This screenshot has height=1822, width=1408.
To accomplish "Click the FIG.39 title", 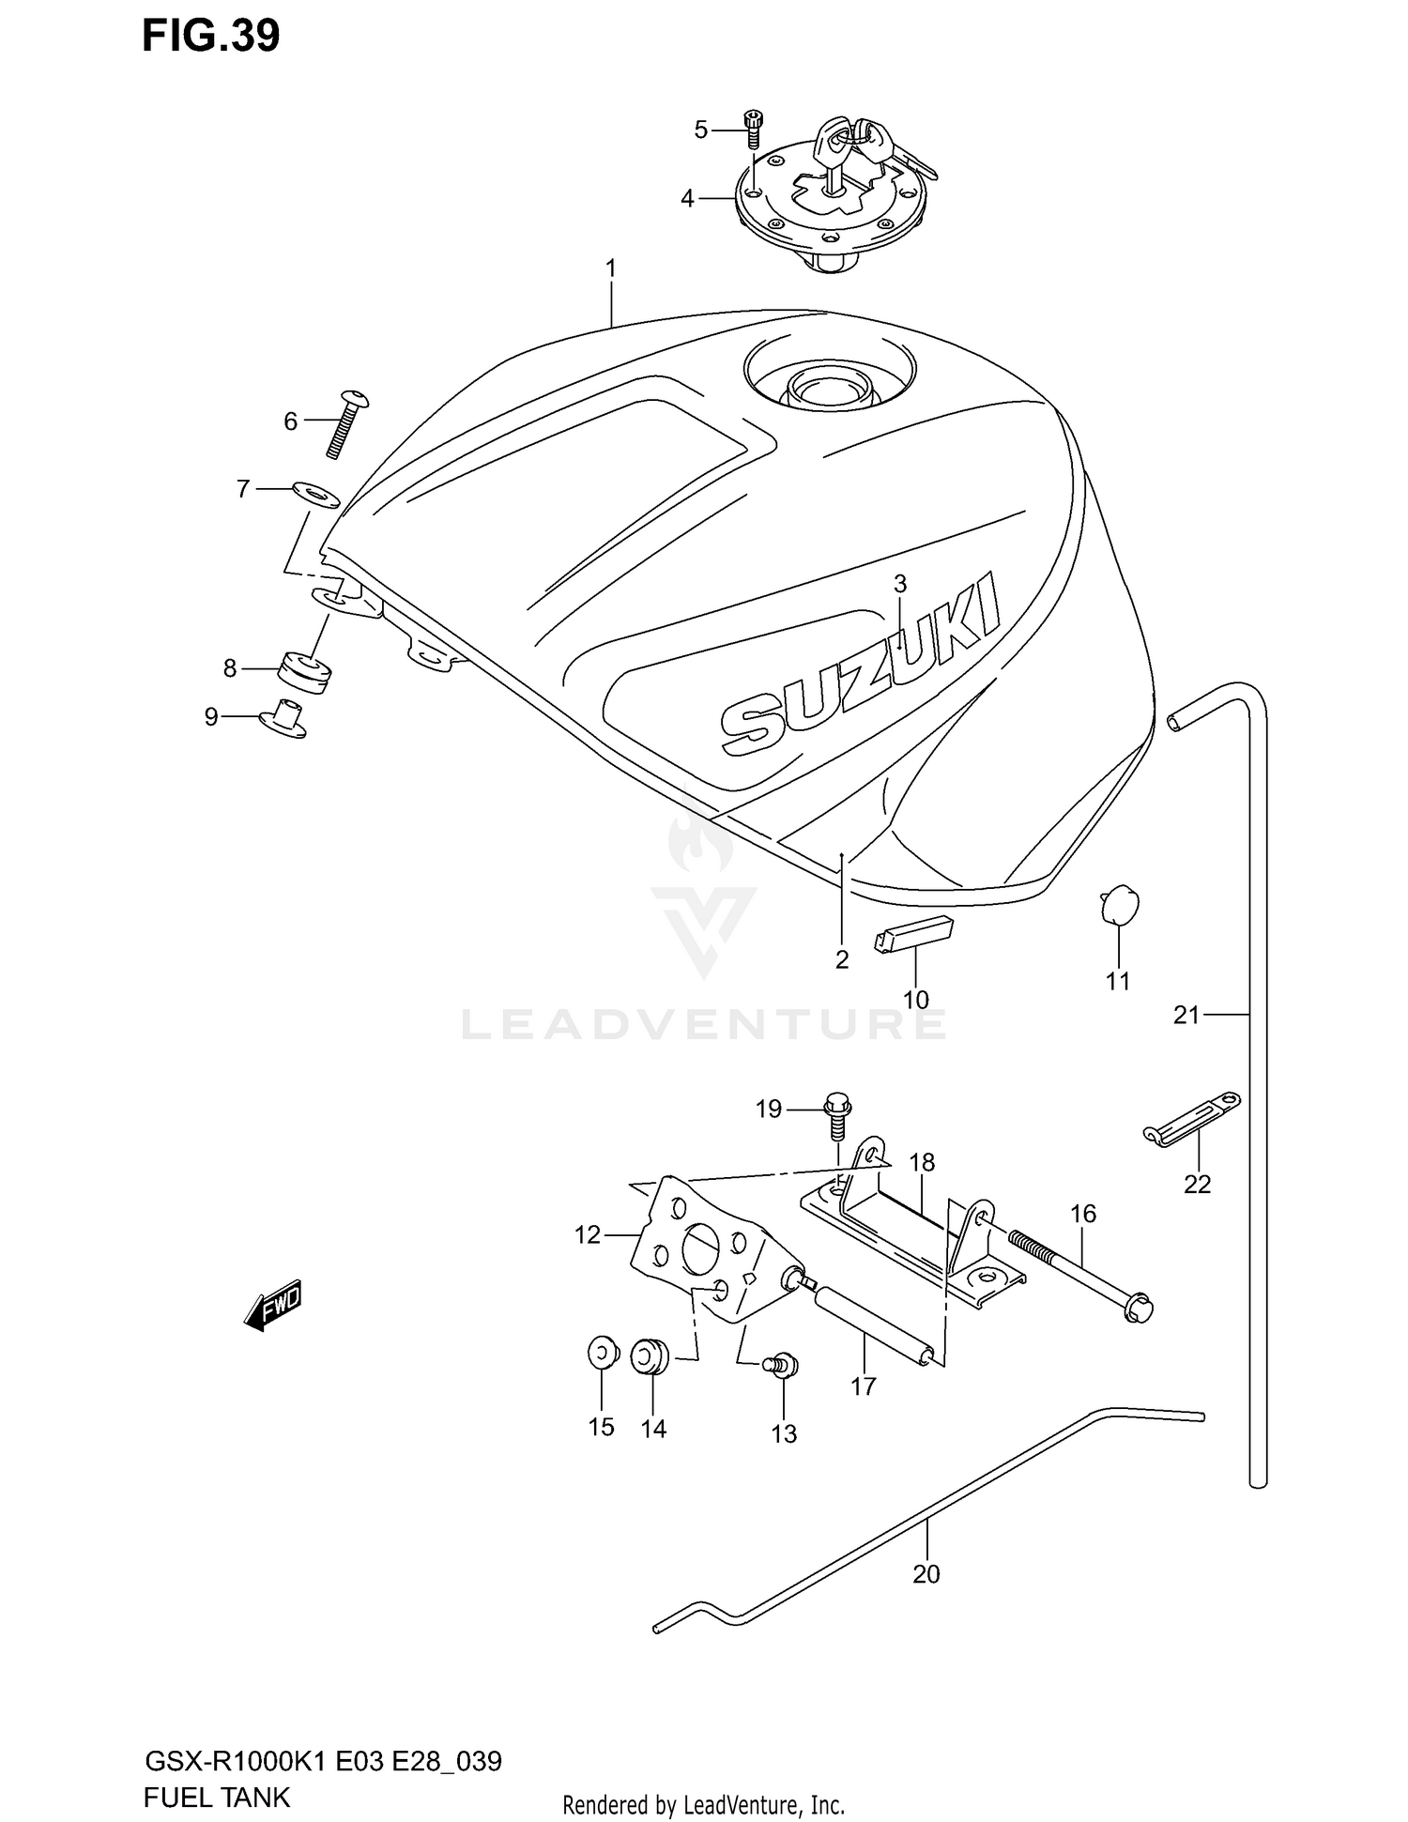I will [210, 36].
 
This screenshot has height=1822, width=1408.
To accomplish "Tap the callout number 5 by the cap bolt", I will [700, 130].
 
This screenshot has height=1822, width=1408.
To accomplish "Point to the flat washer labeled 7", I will [315, 493].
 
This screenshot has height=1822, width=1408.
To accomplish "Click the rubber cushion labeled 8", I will [304, 671].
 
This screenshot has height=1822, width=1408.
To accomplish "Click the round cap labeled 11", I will [1118, 906].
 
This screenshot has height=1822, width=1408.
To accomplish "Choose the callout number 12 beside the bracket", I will [587, 1234].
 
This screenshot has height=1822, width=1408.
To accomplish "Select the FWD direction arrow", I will [273, 1304].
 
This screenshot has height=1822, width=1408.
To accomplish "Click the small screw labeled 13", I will [782, 1365].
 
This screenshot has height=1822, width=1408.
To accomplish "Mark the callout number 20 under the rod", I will [926, 1573].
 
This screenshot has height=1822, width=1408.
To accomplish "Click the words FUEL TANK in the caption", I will [217, 1797].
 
